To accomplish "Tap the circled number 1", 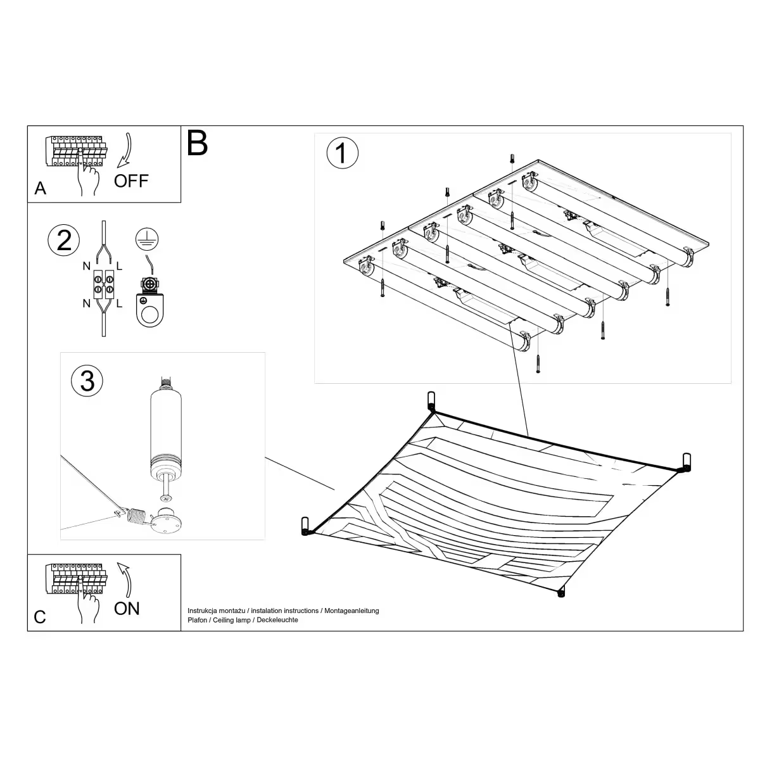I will pos(342,153).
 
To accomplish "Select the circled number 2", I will pos(64,241).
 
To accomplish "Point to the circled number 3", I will pos(87,381).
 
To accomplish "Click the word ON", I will pos(127,609).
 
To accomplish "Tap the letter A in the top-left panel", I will pos(41,189).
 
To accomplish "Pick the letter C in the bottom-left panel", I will pos(40,617).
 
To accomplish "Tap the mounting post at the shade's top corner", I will pos(431,402).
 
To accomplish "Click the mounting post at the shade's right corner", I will pos(685,462).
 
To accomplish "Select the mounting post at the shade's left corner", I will pos(306,526).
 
